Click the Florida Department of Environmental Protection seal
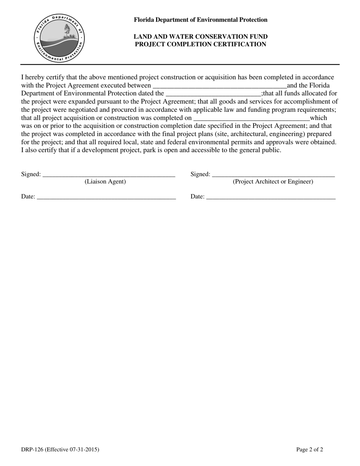(59, 38)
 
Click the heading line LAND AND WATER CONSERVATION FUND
(200, 37)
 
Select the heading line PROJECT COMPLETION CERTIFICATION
(200, 44)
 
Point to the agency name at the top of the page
(200, 20)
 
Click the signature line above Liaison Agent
(109, 175)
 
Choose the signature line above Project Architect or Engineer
(273, 175)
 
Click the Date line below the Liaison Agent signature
(106, 198)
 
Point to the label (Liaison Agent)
(105, 181)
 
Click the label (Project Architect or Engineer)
(273, 181)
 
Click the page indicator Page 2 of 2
(310, 450)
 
